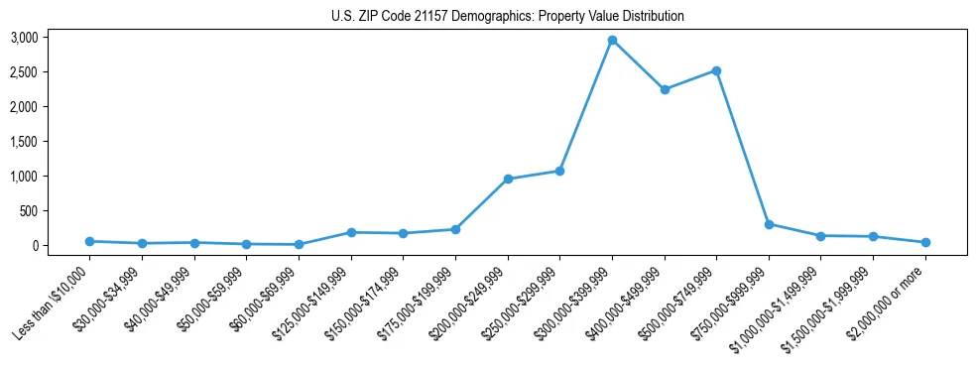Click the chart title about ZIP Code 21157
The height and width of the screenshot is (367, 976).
[x=508, y=17]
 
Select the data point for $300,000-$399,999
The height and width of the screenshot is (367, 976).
[x=612, y=41]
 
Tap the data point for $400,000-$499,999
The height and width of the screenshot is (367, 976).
[x=665, y=89]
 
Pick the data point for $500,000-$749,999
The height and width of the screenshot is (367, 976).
[x=716, y=70]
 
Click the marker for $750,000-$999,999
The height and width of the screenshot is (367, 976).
[x=769, y=224]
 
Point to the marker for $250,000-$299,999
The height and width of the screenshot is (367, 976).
[x=559, y=171]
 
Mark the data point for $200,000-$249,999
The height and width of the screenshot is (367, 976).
[x=508, y=179]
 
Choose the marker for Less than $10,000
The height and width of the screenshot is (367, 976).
[x=89, y=241]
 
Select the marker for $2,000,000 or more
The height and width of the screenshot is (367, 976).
[x=925, y=242]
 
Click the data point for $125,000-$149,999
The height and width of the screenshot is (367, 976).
[x=351, y=232]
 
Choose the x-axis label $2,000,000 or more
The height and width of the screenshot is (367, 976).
[x=889, y=296]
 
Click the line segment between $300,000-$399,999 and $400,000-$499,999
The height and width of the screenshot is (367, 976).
[x=638, y=65]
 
